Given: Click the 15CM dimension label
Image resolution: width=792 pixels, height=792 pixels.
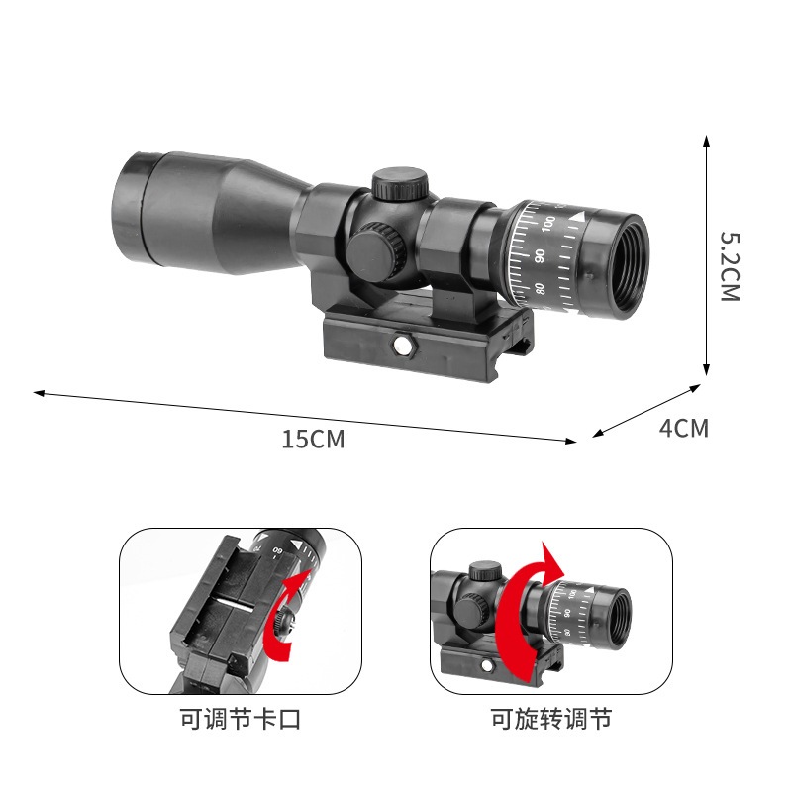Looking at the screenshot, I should coord(313,439).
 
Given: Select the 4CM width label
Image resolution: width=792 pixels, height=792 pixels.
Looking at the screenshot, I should coord(684,429).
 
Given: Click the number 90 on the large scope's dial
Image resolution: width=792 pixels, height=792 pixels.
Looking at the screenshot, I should coord(540,255).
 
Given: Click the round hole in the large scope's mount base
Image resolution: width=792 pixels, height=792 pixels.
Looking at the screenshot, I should coord(402,345).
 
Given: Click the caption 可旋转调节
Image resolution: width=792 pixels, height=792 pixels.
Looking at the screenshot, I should coord(551,718).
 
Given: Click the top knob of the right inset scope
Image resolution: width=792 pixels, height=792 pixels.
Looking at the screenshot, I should coord(484,572).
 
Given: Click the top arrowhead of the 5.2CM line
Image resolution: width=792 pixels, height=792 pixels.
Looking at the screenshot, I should coord(706,140).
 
